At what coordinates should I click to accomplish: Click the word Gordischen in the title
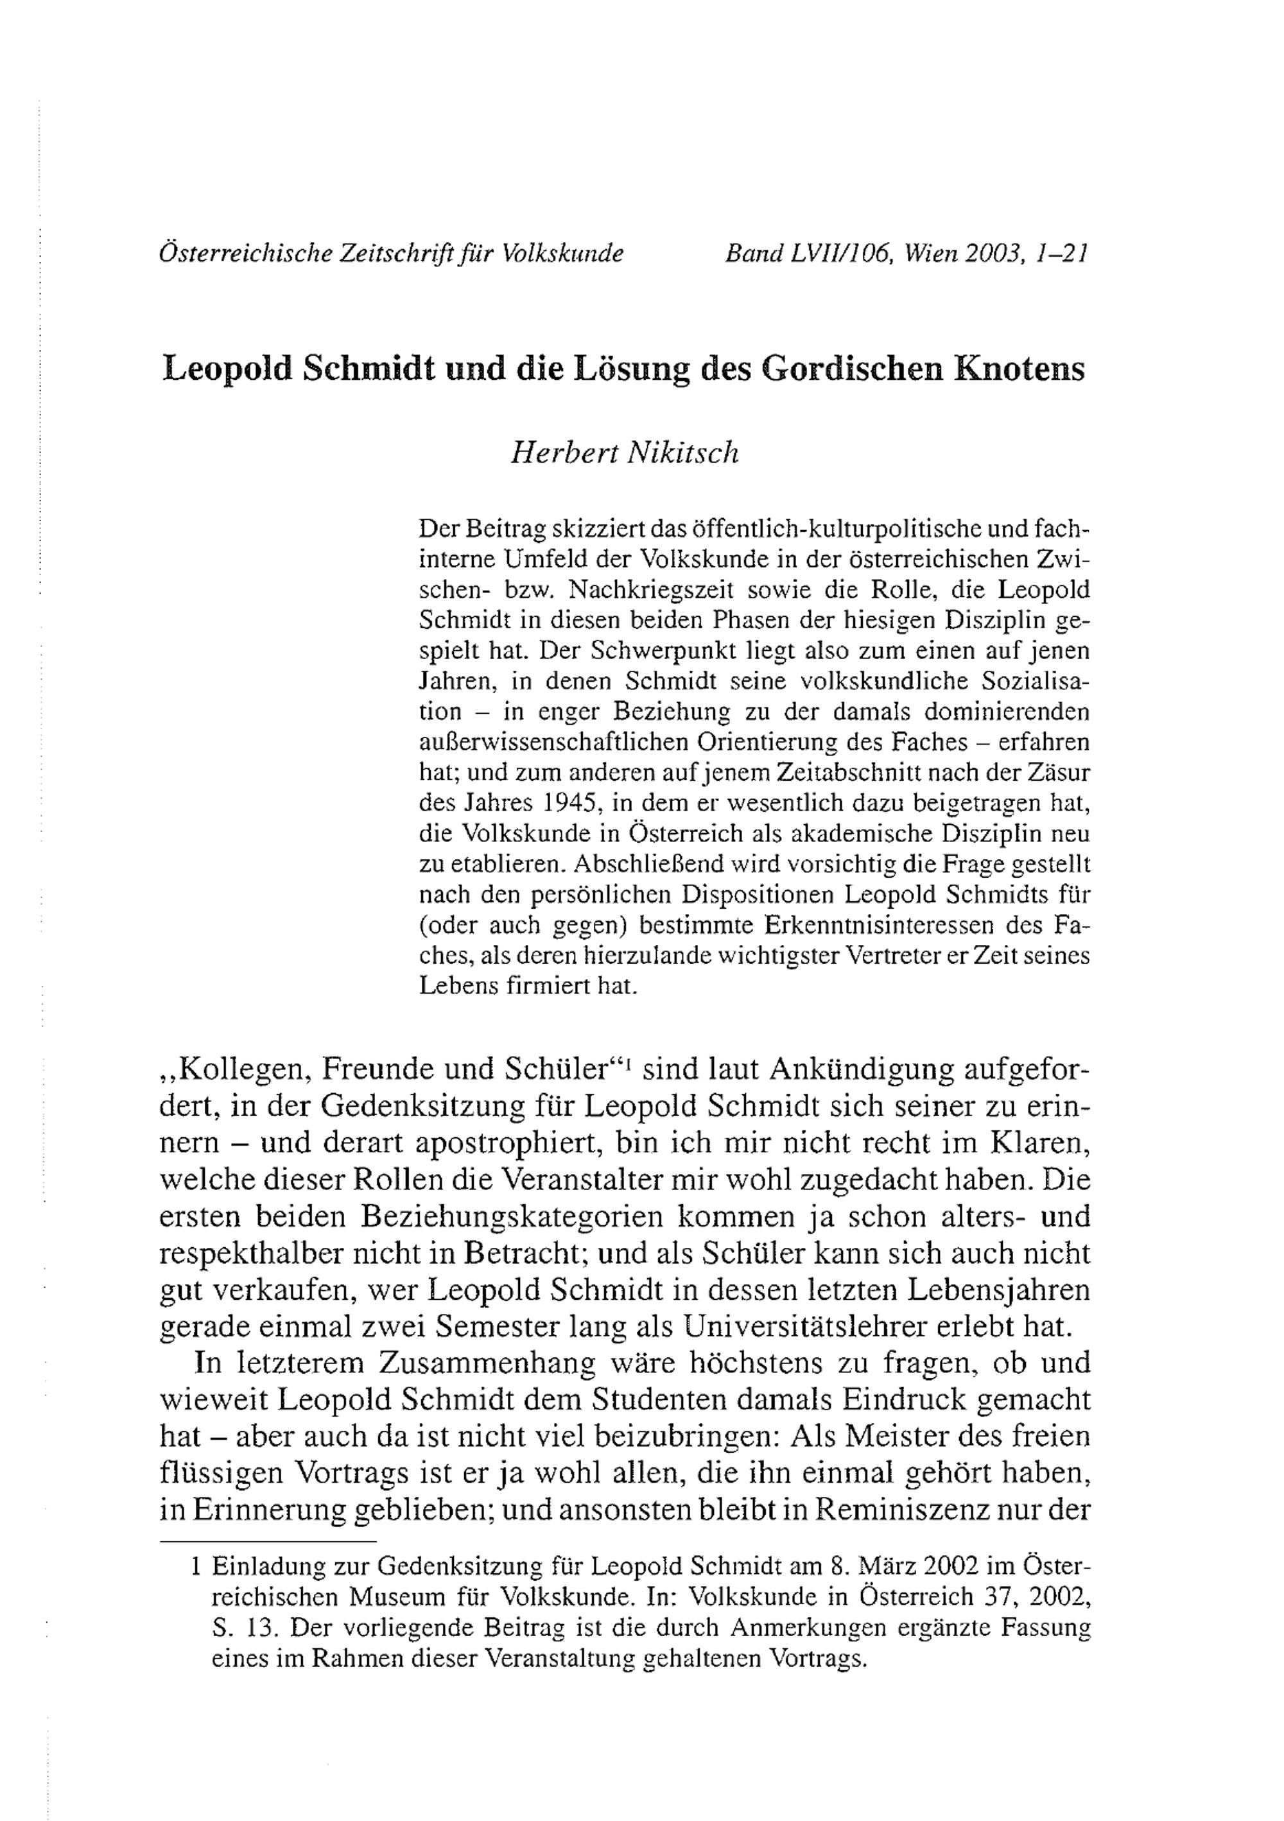click(853, 370)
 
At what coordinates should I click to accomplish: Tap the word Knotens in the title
click(1021, 370)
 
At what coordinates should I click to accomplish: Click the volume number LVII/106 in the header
click(840, 254)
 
